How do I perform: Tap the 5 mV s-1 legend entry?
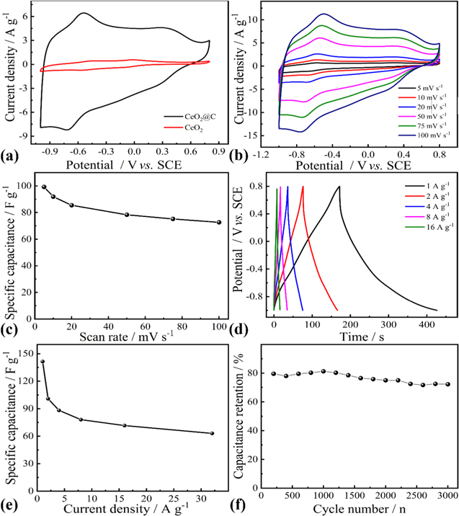(x=422, y=88)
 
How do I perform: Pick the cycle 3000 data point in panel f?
(x=447, y=384)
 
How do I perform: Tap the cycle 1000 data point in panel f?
(x=324, y=371)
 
